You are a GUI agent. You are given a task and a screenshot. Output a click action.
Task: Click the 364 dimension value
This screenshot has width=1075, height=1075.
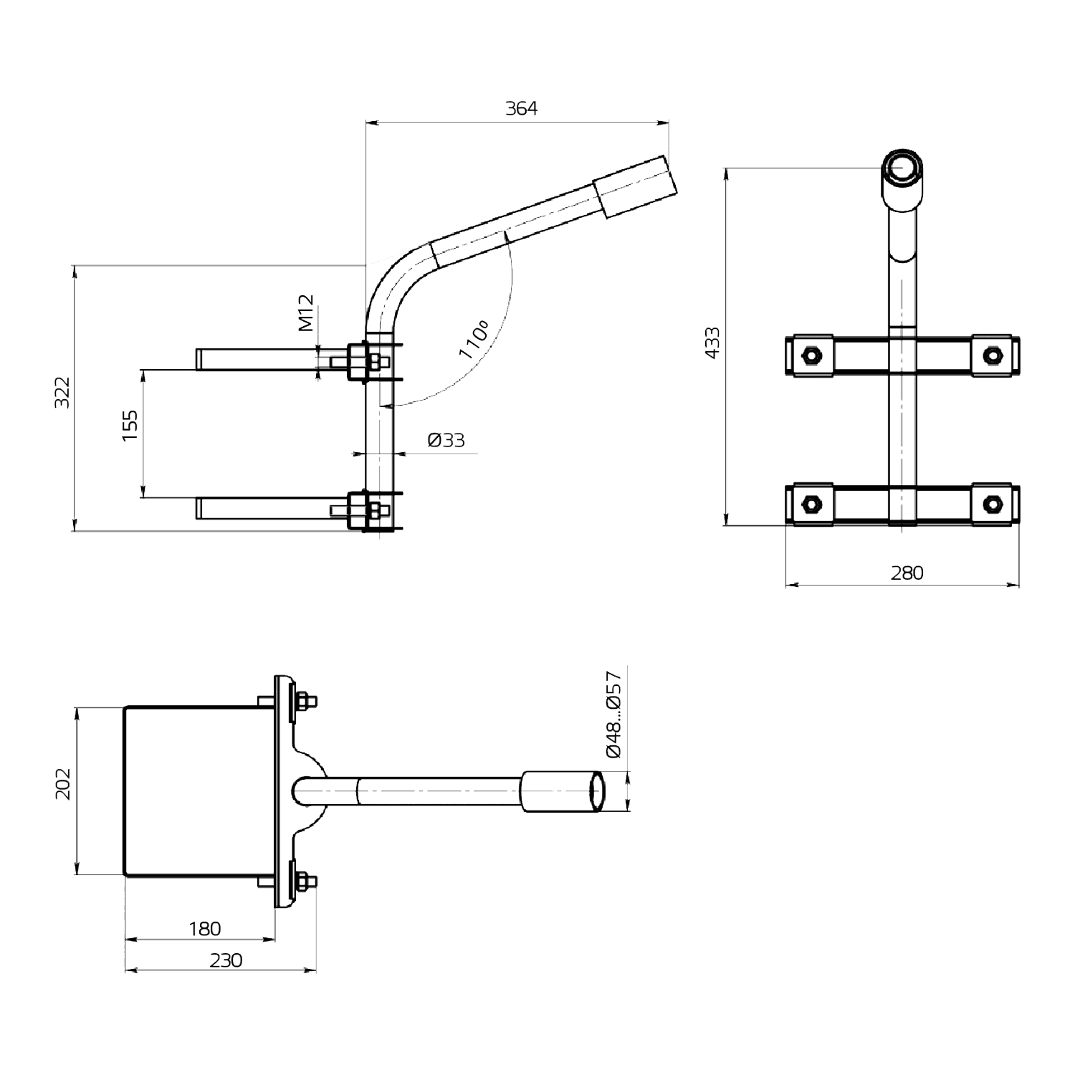pyautogui.click(x=521, y=108)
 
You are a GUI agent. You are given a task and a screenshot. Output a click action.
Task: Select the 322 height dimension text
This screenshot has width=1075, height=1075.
pyautogui.click(x=63, y=392)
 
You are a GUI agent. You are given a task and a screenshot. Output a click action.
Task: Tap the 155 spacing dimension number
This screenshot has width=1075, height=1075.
pyautogui.click(x=130, y=425)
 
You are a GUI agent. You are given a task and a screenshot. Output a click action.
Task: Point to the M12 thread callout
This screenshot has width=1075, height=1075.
pyautogui.click(x=306, y=312)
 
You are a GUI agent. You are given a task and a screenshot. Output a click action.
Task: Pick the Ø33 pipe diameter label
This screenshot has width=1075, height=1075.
pyautogui.click(x=446, y=439)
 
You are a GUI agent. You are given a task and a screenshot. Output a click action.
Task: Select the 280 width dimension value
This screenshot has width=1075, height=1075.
pyautogui.click(x=907, y=573)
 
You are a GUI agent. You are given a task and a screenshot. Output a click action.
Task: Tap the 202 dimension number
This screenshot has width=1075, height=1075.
pyautogui.click(x=63, y=784)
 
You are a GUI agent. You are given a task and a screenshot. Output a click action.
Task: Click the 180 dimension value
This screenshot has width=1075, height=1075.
pyautogui.click(x=205, y=929)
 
